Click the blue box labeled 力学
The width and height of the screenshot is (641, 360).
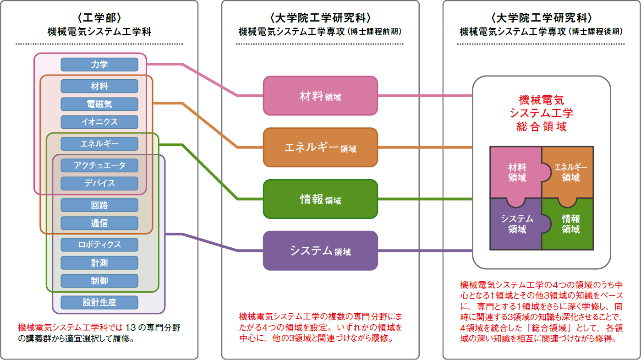click(x=99, y=65)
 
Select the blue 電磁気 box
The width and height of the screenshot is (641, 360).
click(x=99, y=104)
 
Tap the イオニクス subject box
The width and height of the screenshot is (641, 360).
click(x=99, y=122)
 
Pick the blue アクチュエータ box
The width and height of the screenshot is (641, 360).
click(x=99, y=165)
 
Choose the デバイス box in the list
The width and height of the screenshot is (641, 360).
click(x=99, y=183)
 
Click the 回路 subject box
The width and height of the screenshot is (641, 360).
click(x=99, y=205)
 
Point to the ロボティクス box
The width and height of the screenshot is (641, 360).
click(x=99, y=245)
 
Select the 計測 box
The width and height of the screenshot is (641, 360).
click(x=99, y=263)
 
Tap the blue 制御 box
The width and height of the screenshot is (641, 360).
click(x=99, y=281)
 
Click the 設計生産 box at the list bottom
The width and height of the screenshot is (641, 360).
click(x=99, y=302)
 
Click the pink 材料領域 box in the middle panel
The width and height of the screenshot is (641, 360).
click(x=320, y=96)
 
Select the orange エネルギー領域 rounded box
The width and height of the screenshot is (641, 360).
click(x=320, y=147)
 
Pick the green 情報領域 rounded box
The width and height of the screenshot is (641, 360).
click(x=320, y=199)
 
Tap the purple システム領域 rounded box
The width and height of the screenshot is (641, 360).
click(x=320, y=251)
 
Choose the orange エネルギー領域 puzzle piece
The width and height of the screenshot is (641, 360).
click(x=570, y=172)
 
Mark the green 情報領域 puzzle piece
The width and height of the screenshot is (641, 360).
click(x=570, y=224)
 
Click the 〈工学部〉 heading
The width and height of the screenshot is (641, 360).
click(x=99, y=18)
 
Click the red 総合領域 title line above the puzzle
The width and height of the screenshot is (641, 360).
click(x=542, y=126)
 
